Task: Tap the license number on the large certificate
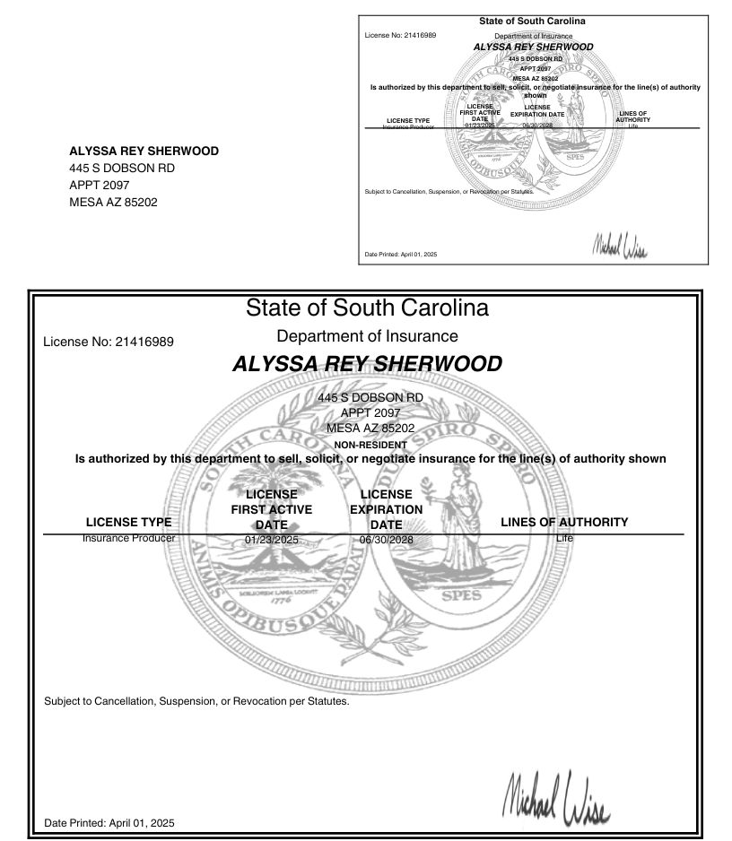[x=109, y=342]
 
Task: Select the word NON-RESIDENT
[x=370, y=445]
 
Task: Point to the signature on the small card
[x=619, y=245]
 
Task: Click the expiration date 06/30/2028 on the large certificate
[x=386, y=540]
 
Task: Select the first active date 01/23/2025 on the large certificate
[x=271, y=540]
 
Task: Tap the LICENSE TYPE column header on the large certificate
[x=128, y=522]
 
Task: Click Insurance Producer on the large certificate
[x=128, y=538]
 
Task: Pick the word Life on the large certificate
[x=563, y=538]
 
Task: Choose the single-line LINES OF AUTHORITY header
[x=563, y=522]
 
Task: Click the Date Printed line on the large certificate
[x=109, y=822]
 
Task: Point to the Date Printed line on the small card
[x=401, y=255]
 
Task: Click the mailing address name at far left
[x=144, y=152]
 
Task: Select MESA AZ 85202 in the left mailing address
[x=113, y=203]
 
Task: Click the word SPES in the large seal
[x=460, y=594]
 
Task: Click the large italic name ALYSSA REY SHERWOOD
[x=367, y=364]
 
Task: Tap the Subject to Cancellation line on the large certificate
[x=196, y=701]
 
